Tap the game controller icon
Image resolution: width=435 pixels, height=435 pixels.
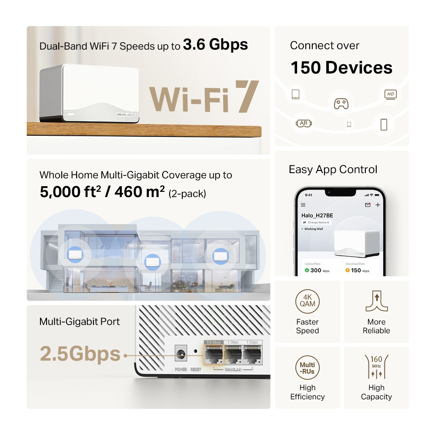[x=341, y=103]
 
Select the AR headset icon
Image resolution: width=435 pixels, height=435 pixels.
[x=304, y=123]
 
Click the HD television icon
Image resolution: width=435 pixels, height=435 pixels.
[x=390, y=94]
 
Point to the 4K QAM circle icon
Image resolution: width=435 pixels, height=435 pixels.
[x=308, y=300]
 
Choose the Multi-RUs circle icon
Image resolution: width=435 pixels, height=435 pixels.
[x=308, y=368]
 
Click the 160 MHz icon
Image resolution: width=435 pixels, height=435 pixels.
[x=376, y=368]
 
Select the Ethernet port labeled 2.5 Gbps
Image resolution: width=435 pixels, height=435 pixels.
[x=214, y=354]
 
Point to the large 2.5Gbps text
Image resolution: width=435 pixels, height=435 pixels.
[x=80, y=354]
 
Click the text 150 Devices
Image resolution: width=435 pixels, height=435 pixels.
[x=341, y=68]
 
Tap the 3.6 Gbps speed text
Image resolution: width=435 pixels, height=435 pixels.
[x=215, y=44]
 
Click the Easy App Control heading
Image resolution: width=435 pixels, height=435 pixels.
[x=333, y=169]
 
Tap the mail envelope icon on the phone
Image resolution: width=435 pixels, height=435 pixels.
[x=368, y=204]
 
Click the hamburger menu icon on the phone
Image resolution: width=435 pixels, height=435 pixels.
[x=303, y=204]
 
